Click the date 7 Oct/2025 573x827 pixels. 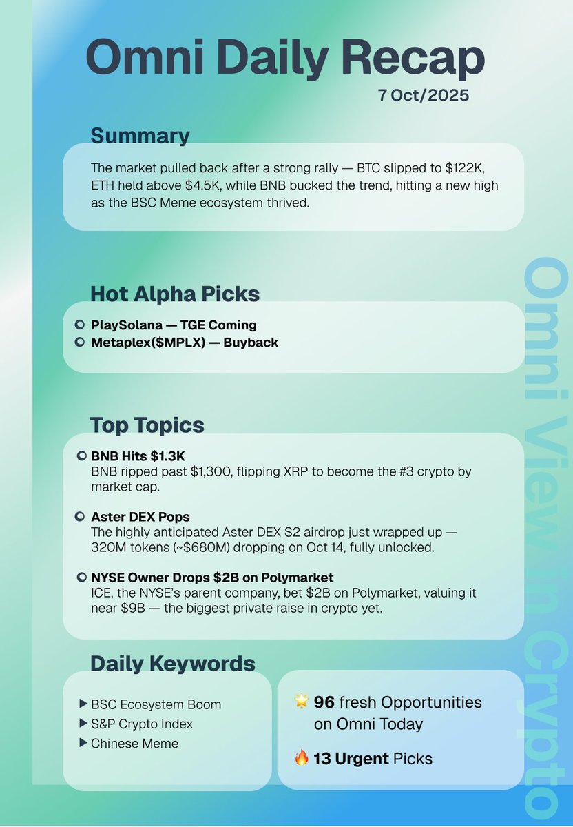pos(423,95)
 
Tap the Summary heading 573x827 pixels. pos(140,136)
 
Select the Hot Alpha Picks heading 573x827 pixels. pos(175,294)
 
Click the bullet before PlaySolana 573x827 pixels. pos(79,325)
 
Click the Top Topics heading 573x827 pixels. pos(147,425)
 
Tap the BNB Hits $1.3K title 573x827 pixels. pos(138,456)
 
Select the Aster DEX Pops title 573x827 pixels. pos(140,516)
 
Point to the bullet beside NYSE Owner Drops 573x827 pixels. pos(81,577)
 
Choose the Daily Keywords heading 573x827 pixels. pos(173,664)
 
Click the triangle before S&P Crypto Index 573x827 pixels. pos(84,724)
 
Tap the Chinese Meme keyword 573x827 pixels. pos(134,743)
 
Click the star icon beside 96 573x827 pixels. pos(302,702)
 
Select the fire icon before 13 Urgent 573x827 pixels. pos(302,759)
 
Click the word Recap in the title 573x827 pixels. pos(411,59)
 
